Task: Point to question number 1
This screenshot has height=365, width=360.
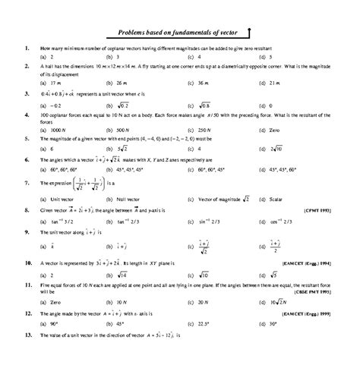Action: (27, 48)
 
